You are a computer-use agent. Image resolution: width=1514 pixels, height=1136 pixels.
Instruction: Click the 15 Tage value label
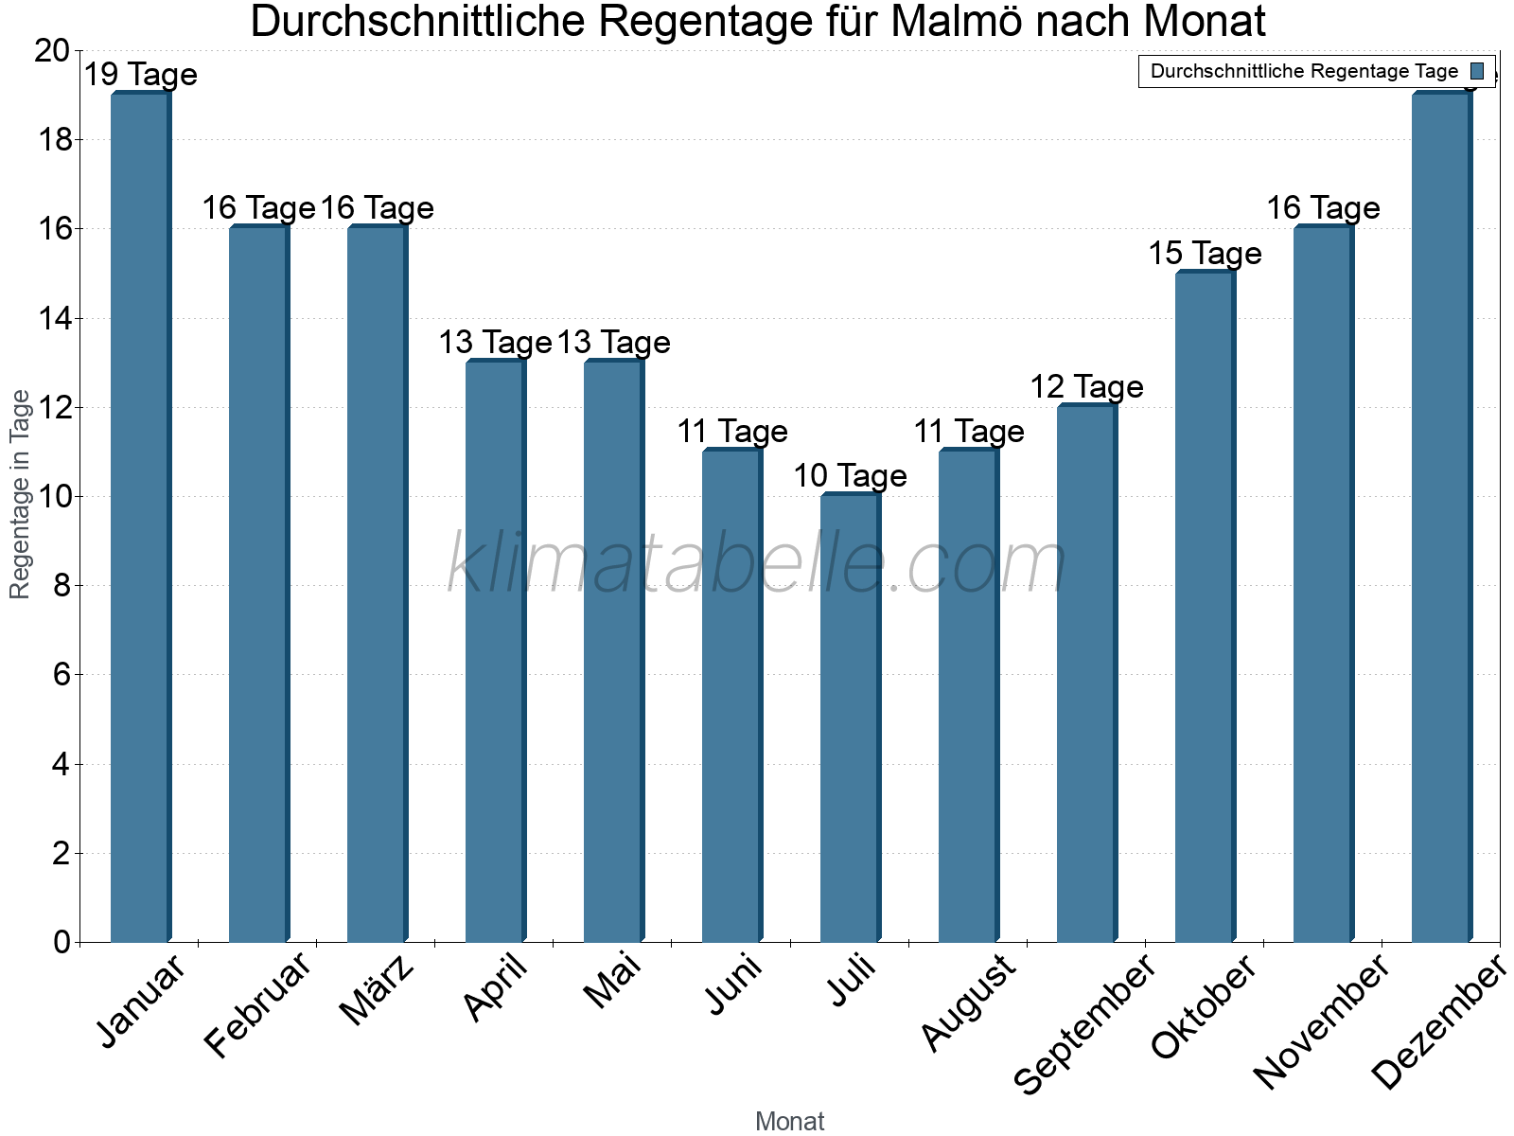[1205, 254]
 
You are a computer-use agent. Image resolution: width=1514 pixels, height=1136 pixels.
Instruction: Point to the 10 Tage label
[850, 476]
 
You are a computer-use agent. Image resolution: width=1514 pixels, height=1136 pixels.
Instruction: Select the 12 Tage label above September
[1086, 387]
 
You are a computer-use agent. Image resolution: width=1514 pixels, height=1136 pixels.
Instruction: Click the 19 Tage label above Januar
[140, 75]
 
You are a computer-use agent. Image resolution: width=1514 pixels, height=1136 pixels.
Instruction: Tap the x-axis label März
[378, 990]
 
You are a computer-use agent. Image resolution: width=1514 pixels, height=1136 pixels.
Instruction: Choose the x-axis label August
[968, 1003]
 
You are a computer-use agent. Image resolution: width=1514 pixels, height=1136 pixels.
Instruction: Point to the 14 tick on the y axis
[57, 318]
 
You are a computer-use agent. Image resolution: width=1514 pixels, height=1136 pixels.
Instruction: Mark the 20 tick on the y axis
[52, 51]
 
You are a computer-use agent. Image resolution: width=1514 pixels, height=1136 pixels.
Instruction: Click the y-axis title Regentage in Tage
[21, 494]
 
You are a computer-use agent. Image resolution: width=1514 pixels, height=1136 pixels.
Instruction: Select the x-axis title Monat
[789, 1121]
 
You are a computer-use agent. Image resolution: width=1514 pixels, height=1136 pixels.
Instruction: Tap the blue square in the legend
[1477, 71]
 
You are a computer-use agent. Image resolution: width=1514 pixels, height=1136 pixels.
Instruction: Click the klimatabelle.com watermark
[757, 564]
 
